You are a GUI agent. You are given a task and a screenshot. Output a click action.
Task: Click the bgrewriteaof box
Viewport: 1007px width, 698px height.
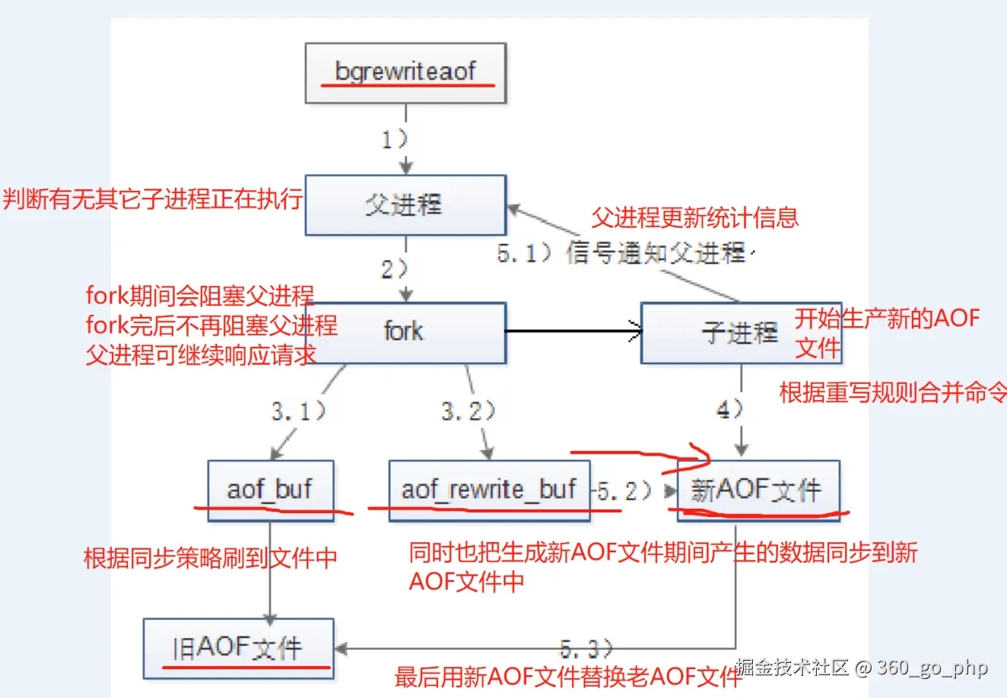pos(405,73)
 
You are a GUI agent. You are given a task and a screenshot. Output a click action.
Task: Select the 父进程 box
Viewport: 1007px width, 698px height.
pos(405,205)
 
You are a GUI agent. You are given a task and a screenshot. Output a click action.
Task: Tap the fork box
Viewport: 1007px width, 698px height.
pos(405,332)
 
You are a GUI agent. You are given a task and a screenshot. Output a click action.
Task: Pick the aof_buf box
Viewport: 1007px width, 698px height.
pos(270,490)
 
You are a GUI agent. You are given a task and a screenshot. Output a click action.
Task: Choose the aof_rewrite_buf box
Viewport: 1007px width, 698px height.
pos(489,490)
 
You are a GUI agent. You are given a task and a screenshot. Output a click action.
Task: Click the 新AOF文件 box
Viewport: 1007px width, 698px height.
pos(758,490)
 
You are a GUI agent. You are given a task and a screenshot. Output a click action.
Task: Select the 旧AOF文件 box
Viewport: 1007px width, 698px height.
pos(238,649)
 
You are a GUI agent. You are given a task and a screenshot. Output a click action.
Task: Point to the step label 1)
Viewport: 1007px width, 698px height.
pos(395,139)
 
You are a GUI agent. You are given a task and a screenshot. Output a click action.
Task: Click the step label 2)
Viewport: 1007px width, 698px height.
pos(395,268)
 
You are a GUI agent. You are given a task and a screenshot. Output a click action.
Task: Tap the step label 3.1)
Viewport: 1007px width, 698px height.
pos(299,411)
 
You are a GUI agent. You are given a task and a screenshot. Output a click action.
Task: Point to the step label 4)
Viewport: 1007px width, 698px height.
pos(729,410)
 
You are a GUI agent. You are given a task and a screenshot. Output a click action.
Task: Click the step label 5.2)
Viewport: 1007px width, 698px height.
pos(624,491)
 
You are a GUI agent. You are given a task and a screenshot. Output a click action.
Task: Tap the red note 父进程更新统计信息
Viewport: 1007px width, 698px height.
pos(695,218)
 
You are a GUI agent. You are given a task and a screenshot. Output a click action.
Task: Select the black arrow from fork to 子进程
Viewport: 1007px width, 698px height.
pos(574,331)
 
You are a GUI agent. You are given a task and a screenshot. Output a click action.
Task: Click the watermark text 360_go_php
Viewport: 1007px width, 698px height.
pos(932,668)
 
